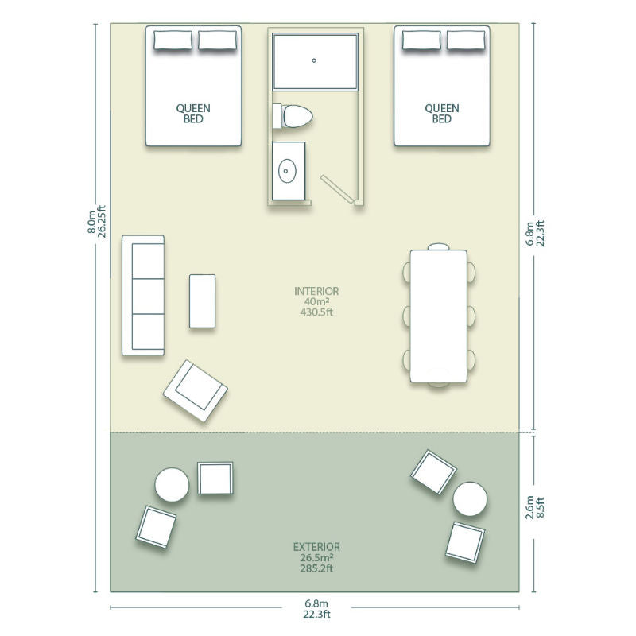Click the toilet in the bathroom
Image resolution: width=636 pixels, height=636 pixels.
(293, 116)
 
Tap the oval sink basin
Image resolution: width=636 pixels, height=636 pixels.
(287, 171)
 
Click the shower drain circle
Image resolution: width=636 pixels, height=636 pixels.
(314, 60)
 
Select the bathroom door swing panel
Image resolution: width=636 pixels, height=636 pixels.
(336, 188)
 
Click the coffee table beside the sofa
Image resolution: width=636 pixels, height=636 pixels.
(203, 301)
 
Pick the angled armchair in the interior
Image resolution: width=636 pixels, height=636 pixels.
(195, 390)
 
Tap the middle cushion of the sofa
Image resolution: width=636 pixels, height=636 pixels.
(148, 296)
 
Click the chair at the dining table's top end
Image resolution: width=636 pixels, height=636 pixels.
(439, 246)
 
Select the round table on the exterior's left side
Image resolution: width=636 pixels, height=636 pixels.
(172, 484)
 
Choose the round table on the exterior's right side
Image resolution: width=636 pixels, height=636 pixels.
(470, 499)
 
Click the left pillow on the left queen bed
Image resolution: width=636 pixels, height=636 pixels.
(173, 41)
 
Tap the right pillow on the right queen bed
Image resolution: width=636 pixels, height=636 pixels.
(466, 41)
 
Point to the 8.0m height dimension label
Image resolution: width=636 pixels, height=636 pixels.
(92, 222)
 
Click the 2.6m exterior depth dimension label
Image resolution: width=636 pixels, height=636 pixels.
(529, 507)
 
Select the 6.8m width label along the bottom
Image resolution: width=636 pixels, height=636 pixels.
(316, 603)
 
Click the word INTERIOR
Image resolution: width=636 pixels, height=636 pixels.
(316, 291)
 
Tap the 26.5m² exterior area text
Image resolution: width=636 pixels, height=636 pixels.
(316, 558)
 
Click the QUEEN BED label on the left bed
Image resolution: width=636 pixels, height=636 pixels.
(193, 114)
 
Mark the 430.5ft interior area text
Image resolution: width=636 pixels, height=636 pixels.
(316, 312)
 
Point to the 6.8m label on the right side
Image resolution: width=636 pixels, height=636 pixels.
(529, 234)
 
